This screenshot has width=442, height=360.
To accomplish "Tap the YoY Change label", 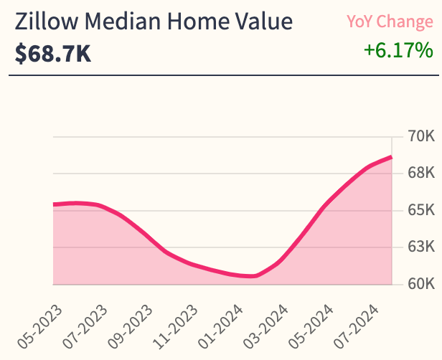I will coord(390,22).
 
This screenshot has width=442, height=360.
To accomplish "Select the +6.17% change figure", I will coord(398,51).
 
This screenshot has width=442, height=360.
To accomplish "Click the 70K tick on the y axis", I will coord(421,136).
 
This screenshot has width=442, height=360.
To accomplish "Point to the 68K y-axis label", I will coord(421,174).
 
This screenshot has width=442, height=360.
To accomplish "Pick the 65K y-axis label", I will coord(421,210).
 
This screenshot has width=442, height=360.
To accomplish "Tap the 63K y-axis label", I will coord(421,247).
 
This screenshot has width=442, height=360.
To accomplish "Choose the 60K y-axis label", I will coord(421,284).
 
